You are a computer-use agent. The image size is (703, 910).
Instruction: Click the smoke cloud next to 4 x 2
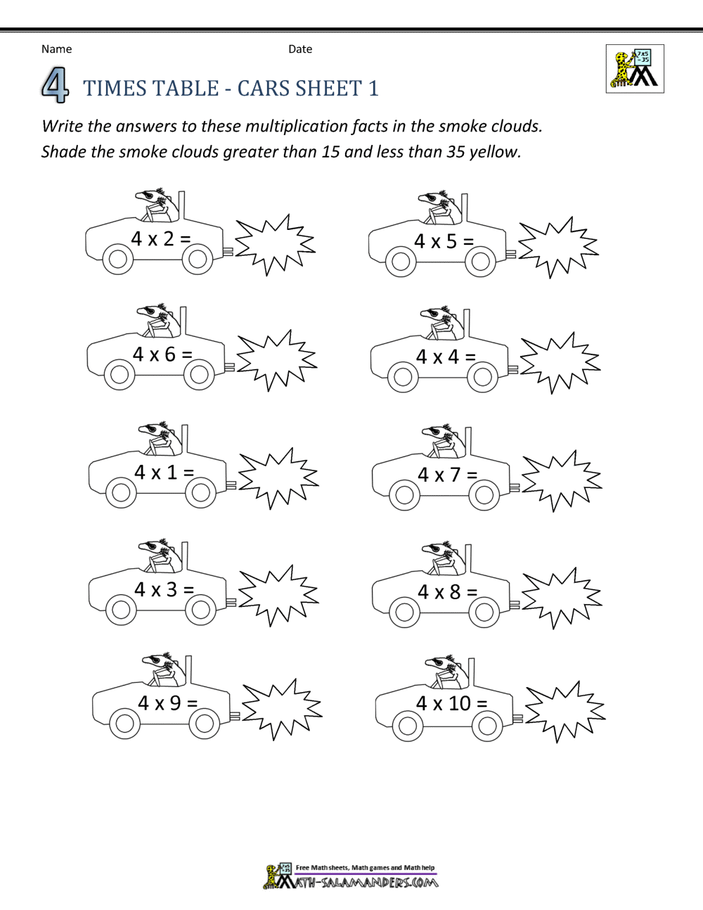tap(274, 245)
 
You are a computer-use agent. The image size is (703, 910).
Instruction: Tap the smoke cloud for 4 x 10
tap(565, 711)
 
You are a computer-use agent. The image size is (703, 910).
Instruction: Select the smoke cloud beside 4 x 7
tap(561, 481)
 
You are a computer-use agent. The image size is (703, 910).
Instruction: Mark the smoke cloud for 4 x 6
tap(276, 360)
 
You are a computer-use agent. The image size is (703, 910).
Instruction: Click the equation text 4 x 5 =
tap(444, 242)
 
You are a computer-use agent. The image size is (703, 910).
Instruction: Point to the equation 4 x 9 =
tap(167, 703)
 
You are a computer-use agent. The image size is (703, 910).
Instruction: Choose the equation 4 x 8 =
tap(447, 592)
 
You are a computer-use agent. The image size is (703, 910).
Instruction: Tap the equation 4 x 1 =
tap(164, 473)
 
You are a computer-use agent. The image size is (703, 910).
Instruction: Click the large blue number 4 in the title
tap(55, 87)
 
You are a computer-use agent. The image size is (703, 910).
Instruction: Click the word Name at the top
tap(56, 49)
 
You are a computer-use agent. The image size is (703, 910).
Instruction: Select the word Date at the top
tap(300, 49)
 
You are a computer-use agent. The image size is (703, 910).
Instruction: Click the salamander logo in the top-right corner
tap(634, 69)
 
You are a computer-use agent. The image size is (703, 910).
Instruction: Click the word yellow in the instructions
tap(496, 152)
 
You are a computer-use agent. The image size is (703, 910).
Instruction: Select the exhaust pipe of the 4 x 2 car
tap(228, 250)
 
